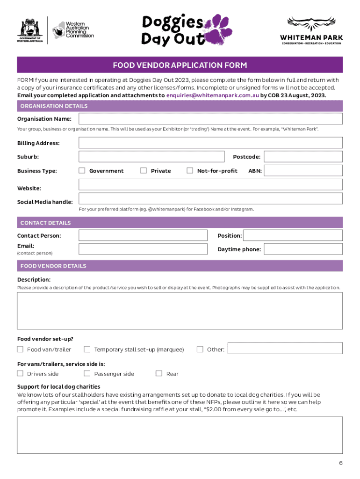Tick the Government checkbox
(x=82, y=171)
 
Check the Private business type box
(x=144, y=171)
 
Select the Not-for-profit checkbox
(x=190, y=171)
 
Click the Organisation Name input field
(x=210, y=119)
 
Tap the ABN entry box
(x=303, y=171)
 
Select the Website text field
(x=210, y=185)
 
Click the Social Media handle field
(x=210, y=199)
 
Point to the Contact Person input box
(x=143, y=235)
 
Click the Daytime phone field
(x=303, y=249)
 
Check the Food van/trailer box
(x=20, y=349)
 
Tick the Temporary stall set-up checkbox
(x=87, y=349)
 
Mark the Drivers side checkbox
(x=20, y=373)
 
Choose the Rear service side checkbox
(x=159, y=373)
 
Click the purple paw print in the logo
(x=215, y=29)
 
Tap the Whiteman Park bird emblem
(x=311, y=24)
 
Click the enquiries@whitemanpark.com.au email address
(x=213, y=95)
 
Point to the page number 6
(x=341, y=463)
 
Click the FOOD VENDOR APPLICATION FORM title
(x=180, y=65)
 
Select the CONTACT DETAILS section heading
(x=46, y=223)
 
